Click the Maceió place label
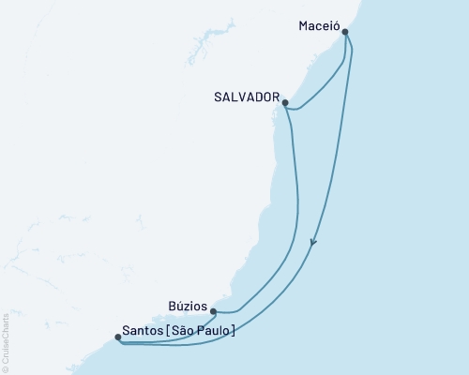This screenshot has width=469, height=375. tap(314, 16)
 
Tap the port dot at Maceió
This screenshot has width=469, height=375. tap(346, 32)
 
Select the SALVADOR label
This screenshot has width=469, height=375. tap(249, 97)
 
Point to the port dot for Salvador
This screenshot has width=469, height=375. tap(284, 103)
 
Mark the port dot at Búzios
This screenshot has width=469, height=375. tap(213, 311)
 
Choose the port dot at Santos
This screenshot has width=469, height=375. tap(117, 337)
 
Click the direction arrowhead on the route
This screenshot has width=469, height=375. tap(313, 243)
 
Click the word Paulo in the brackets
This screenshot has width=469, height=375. tap(214, 330)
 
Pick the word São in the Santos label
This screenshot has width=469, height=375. tap(186, 330)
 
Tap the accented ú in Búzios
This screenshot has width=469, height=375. tap(177, 305)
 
